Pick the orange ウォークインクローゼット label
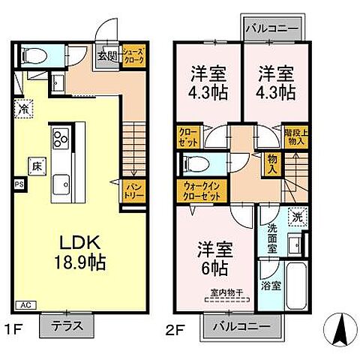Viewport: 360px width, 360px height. (x=201, y=190)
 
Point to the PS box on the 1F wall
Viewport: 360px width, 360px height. (x=19, y=182)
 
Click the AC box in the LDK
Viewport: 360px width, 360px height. (x=24, y=305)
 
